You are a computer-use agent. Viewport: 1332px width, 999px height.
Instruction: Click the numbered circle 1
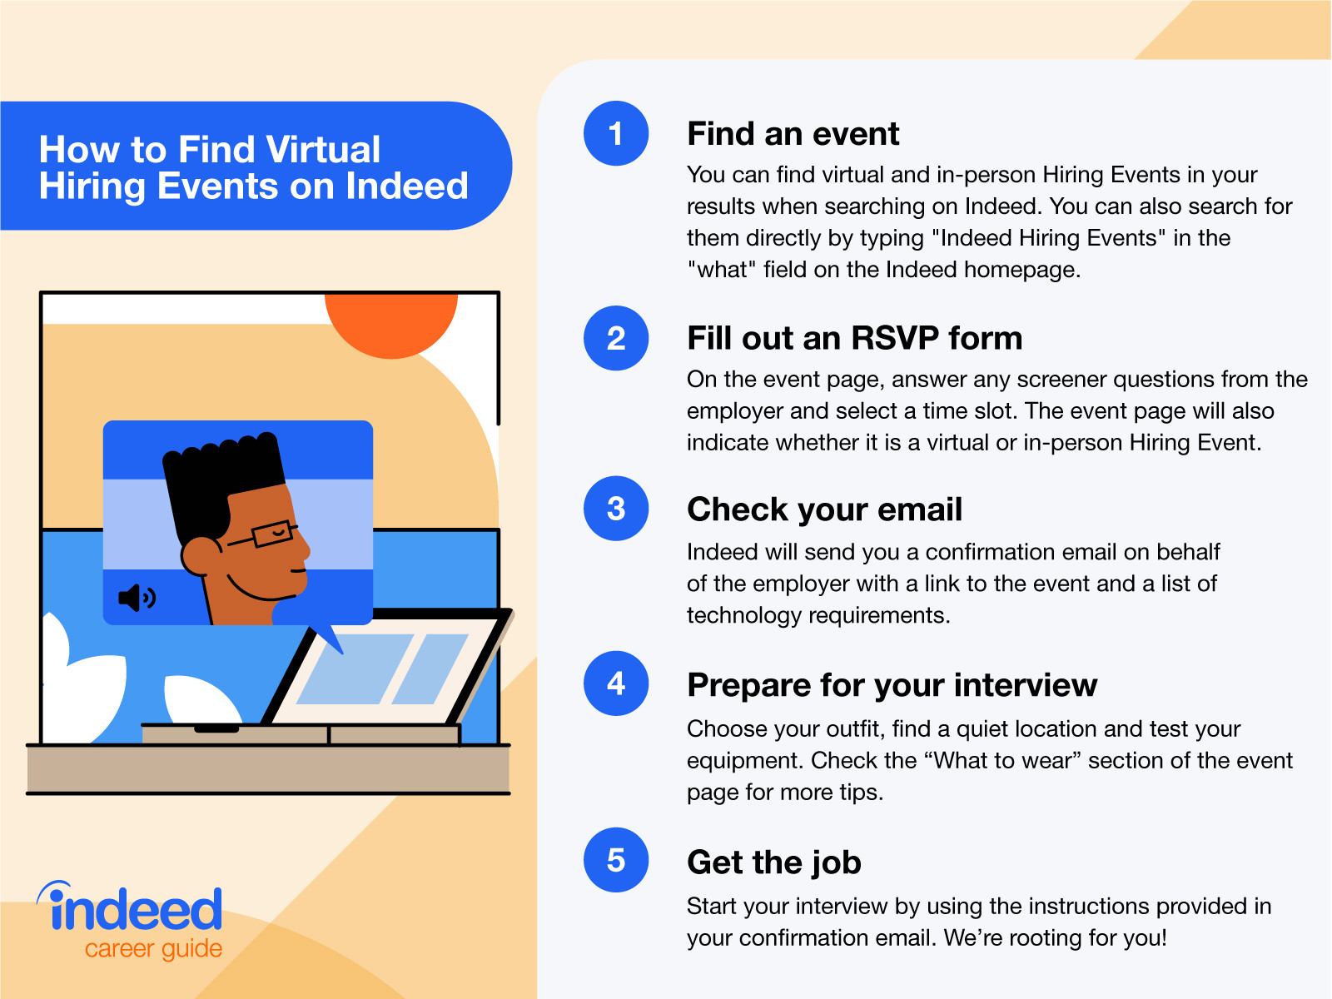coord(616,133)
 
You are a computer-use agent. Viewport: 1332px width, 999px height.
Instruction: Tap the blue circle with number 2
coord(616,338)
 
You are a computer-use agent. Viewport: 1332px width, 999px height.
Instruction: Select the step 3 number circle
coord(616,509)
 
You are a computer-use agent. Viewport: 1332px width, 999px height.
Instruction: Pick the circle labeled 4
coord(616,683)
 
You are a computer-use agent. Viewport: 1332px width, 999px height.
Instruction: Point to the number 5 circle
coord(616,860)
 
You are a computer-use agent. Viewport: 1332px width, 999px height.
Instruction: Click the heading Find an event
coord(793,134)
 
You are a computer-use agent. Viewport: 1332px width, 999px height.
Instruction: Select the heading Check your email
coord(824,509)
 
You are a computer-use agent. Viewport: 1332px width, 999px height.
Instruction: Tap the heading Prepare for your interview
coord(892,685)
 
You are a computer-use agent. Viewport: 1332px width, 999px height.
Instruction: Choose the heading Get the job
coord(773,862)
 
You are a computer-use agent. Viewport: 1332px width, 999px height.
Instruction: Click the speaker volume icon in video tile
coord(137,597)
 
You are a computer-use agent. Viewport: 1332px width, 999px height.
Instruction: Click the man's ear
coord(200,556)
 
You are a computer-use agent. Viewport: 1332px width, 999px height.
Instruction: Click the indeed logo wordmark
coord(135,909)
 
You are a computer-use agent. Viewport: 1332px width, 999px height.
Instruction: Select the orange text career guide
coord(153,949)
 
